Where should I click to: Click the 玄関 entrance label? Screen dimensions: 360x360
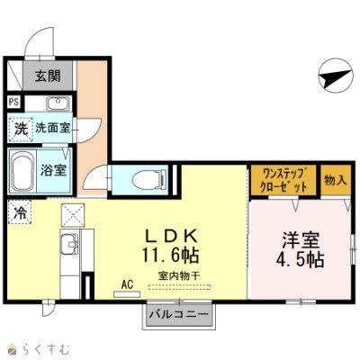(x=48, y=76)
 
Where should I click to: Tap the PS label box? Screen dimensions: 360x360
(x=13, y=102)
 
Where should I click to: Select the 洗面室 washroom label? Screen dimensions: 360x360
(x=52, y=129)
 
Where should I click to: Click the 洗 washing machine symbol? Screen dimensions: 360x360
(x=20, y=129)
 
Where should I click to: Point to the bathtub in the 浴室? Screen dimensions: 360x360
(x=22, y=167)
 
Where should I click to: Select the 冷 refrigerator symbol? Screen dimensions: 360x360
(x=19, y=213)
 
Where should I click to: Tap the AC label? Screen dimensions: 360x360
(x=127, y=284)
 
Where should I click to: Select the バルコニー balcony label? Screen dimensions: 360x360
(x=178, y=315)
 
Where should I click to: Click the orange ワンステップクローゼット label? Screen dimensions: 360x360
(x=283, y=178)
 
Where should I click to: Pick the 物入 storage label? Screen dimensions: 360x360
(x=334, y=178)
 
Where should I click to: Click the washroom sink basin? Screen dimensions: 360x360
(x=58, y=102)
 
